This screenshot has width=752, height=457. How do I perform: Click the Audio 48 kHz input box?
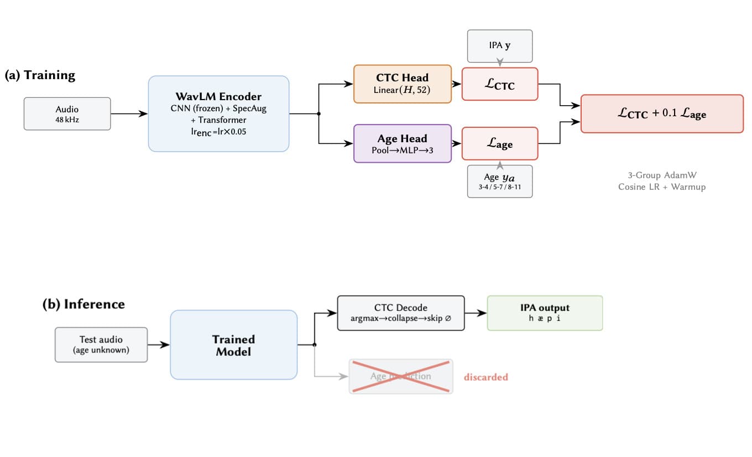(67, 114)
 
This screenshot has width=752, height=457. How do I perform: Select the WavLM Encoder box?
(218, 113)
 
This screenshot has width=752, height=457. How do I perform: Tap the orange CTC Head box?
(403, 84)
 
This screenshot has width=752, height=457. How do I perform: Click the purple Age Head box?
(403, 143)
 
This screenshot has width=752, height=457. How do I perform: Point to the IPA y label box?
(500, 46)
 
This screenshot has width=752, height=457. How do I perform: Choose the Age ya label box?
(500, 181)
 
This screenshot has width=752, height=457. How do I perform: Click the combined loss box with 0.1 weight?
(662, 114)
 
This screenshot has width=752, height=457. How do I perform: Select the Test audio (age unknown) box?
(101, 345)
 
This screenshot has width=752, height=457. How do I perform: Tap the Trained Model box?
(234, 345)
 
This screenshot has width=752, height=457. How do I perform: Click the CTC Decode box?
(401, 313)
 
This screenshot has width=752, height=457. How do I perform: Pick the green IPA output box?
(545, 313)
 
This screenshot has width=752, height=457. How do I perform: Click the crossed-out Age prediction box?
(401, 376)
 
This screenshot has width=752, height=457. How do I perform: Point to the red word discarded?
(485, 377)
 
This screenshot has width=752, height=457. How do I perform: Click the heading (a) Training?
(40, 75)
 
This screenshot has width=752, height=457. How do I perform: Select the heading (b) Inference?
(83, 304)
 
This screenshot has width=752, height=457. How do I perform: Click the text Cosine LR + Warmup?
(662, 187)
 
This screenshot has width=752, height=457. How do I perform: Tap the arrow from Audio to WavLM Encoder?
(129, 114)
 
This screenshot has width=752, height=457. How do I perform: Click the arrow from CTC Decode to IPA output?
(476, 313)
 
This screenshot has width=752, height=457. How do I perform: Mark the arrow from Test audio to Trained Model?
(159, 345)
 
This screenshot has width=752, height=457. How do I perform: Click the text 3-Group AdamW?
(662, 175)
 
